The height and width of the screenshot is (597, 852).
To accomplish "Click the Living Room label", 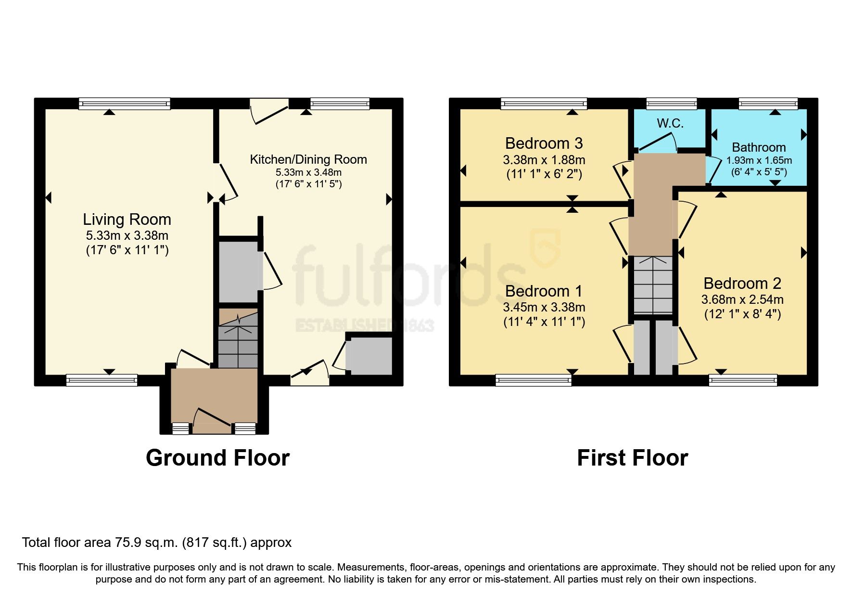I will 127,220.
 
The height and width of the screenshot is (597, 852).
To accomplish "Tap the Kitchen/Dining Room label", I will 308,159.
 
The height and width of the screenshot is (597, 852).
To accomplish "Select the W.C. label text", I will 670,123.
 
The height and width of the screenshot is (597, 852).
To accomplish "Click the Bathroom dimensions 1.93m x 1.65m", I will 759,160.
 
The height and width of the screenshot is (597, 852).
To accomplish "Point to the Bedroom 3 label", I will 544,143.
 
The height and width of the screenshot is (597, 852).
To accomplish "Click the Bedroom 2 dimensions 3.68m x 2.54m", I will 742,299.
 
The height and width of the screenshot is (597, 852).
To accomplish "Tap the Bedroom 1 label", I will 544,291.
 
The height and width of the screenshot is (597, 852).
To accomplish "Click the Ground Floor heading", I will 217,457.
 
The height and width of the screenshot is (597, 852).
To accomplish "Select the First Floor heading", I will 632,457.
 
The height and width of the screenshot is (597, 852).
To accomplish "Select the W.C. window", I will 671,103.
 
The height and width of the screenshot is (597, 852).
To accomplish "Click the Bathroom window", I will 768,103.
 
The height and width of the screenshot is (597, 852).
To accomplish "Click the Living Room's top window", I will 125,103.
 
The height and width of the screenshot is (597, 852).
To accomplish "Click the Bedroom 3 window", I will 544,103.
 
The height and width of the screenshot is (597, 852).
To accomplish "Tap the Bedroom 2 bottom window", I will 743,381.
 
